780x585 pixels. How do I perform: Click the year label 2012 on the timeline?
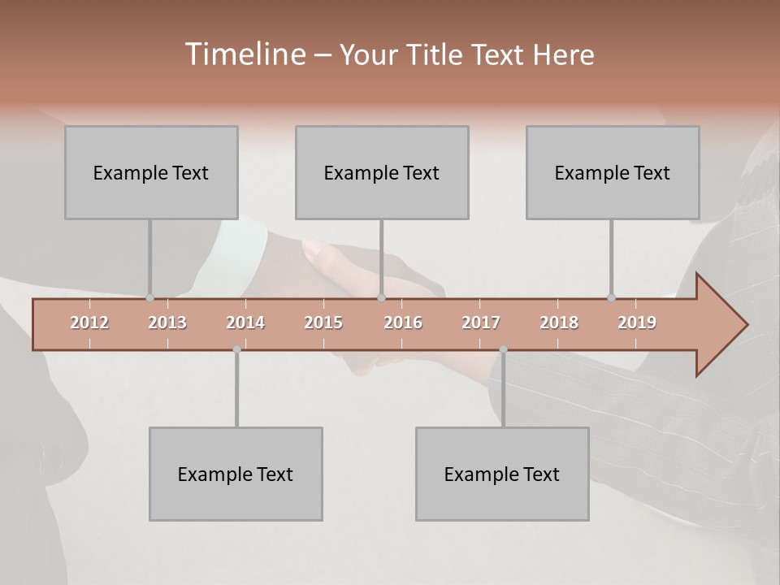click(x=89, y=323)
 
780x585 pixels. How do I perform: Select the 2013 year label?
click(x=167, y=323)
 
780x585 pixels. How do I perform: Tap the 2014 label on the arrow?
click(x=245, y=323)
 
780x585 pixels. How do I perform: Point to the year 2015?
click(x=323, y=323)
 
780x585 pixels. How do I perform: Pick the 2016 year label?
click(x=403, y=323)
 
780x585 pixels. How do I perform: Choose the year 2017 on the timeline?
click(x=481, y=323)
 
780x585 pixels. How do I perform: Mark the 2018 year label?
click(x=559, y=323)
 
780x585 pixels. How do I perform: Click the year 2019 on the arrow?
click(x=637, y=323)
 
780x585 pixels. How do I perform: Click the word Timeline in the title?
click(x=245, y=54)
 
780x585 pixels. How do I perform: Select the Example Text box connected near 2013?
click(x=151, y=172)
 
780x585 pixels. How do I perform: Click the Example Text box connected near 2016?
click(x=382, y=172)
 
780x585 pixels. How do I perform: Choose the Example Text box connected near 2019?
click(x=613, y=172)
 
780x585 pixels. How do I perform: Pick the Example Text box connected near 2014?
click(x=236, y=474)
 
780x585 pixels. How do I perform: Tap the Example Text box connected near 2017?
click(x=502, y=474)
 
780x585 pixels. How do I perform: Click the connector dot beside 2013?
click(x=149, y=298)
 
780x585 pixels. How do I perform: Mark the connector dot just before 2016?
click(x=382, y=298)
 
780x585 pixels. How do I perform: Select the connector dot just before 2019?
click(x=611, y=298)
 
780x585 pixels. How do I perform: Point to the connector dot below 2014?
click(x=236, y=349)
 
